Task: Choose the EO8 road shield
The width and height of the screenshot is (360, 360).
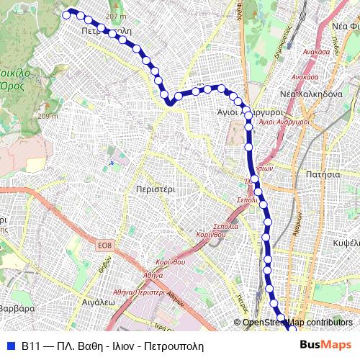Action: [x=105, y=246]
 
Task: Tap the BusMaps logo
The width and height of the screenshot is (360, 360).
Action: [x=325, y=346]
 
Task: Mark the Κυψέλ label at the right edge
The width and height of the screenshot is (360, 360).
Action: [x=347, y=243]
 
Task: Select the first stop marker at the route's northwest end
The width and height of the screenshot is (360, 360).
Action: [x=67, y=14]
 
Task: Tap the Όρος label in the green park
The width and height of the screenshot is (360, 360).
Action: [x=12, y=85]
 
